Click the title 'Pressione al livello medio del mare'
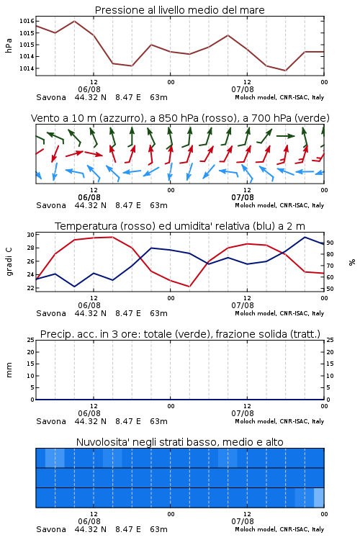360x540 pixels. coord(179,10)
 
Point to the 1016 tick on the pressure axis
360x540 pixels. coord(27,21)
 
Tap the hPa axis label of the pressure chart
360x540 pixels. coord(9,45)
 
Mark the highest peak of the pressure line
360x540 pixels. coord(74,21)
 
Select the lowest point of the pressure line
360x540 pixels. coord(286,71)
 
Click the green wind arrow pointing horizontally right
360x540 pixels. coord(286,136)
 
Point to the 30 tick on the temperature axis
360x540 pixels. coord(30,235)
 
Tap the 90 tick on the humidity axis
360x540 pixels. coord(330,243)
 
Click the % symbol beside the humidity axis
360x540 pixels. coord(352,262)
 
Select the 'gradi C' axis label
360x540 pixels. coord(9,261)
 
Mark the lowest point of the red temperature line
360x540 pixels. coord(189,287)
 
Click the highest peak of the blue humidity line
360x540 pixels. coord(305,237)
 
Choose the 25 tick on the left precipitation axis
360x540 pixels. coord(30,341)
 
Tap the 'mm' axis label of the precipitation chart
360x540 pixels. coord(9,369)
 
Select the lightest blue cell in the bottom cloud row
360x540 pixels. coord(319,498)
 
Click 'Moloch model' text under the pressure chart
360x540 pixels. coord(256,97)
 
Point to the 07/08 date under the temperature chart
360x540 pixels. coord(243,305)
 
